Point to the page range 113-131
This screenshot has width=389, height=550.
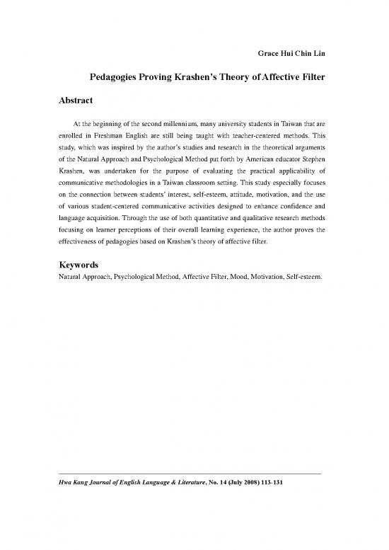(x=269, y=486)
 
